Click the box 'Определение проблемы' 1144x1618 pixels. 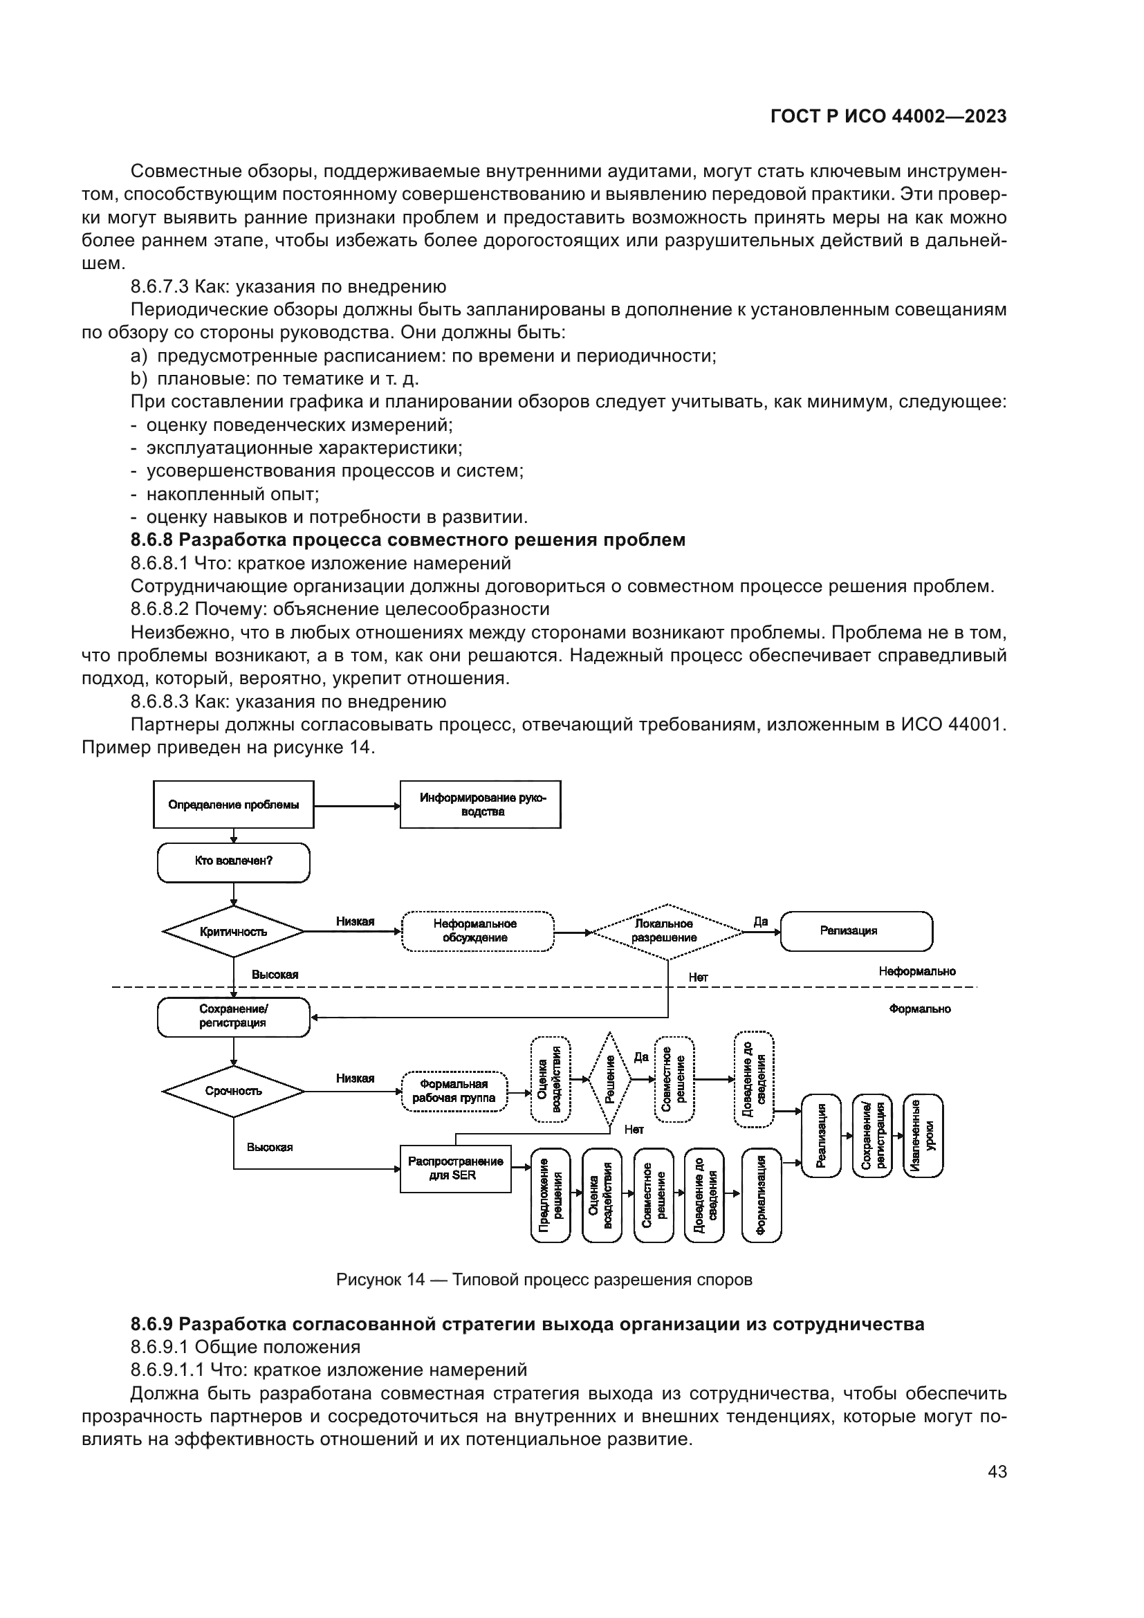pyautogui.click(x=233, y=804)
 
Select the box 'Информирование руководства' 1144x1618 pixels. pyautogui.click(x=481, y=804)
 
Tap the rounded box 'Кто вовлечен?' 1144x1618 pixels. pyautogui.click(x=233, y=862)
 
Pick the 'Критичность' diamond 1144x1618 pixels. pyautogui.click(x=233, y=932)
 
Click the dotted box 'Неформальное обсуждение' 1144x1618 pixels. pyautogui.click(x=478, y=931)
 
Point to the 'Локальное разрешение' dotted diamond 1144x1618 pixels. pyautogui.click(x=666, y=931)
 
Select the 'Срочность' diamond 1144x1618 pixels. pyautogui.click(x=233, y=1091)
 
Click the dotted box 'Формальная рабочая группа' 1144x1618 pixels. pyautogui.click(x=454, y=1091)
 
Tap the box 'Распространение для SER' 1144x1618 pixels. pyautogui.click(x=455, y=1168)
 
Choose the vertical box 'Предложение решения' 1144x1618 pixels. pyautogui.click(x=550, y=1195)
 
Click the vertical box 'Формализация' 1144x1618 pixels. pyautogui.click(x=762, y=1195)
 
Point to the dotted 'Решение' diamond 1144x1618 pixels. pyautogui.click(x=610, y=1079)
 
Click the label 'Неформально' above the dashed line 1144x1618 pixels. pyautogui.click(x=916, y=972)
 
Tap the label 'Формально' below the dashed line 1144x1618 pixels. pyautogui.click(x=919, y=1009)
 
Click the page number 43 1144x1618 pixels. pyautogui.click(x=997, y=1472)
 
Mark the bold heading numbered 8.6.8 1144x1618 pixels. pyautogui.click(x=408, y=540)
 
